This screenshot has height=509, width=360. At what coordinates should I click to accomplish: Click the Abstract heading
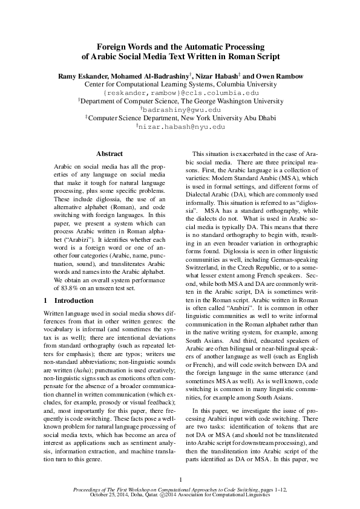point(110,154)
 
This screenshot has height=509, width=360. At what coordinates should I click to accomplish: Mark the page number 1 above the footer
point(180,480)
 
